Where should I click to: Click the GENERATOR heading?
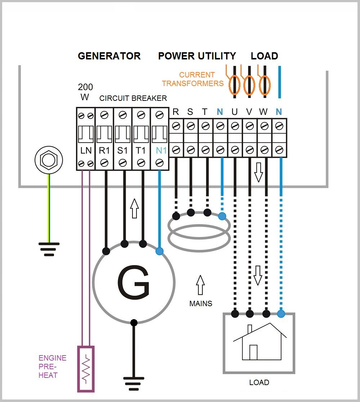[x=109, y=56]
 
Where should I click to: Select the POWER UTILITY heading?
[x=197, y=56]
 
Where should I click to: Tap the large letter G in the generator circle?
[x=133, y=283]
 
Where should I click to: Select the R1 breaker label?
[x=104, y=151]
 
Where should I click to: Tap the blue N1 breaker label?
[x=161, y=151]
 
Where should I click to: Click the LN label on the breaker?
[x=86, y=151]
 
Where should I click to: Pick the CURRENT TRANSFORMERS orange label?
[x=193, y=79]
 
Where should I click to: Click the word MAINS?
[x=201, y=304]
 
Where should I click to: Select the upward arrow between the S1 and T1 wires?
[x=134, y=208]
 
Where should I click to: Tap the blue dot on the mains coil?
[x=222, y=216]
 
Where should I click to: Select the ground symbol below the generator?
[x=134, y=382]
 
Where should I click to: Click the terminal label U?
[x=235, y=112]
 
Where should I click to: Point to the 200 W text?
[x=85, y=92]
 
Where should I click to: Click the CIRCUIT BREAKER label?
[x=133, y=98]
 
